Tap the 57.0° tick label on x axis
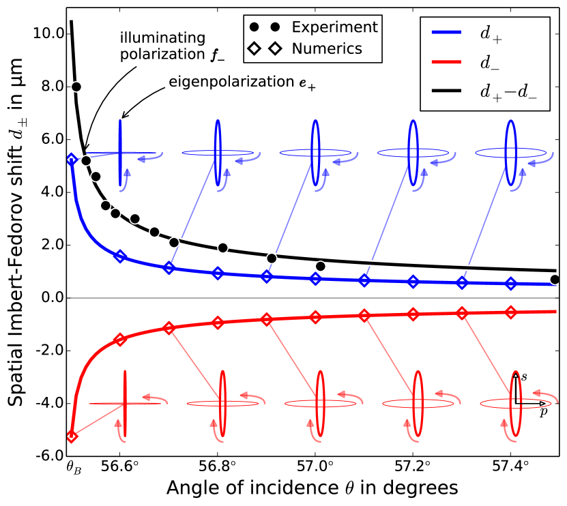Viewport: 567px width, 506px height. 315,468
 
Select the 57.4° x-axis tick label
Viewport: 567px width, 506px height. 510,468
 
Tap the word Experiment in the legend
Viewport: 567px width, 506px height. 330,27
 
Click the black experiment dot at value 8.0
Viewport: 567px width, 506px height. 76,87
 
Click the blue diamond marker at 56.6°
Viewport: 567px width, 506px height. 120,256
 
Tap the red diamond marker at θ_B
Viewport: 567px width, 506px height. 71,436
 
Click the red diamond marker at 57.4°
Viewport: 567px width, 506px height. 510,312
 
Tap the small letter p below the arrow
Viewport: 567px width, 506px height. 542,412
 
